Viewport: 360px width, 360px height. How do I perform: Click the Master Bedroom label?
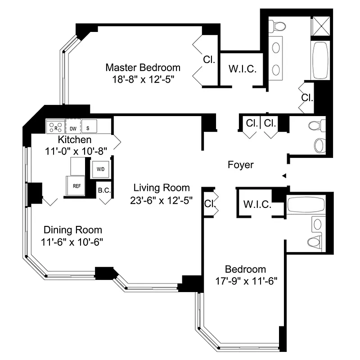coord(143,67)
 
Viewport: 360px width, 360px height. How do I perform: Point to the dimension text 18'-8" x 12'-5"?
coord(143,79)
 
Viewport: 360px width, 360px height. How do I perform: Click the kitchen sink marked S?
coord(89,127)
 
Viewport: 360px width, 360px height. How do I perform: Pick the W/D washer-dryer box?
coord(100,169)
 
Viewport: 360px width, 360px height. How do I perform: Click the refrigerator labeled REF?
coord(76,185)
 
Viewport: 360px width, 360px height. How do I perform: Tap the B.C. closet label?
coord(104,190)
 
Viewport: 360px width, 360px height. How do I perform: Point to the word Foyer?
coord(240,165)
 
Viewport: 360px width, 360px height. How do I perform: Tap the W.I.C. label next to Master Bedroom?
coord(243,69)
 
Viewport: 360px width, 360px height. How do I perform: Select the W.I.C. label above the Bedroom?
coord(257,204)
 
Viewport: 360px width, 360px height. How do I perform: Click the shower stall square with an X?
coord(321,27)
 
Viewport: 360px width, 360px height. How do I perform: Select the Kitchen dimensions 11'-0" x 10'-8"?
coord(74,152)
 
